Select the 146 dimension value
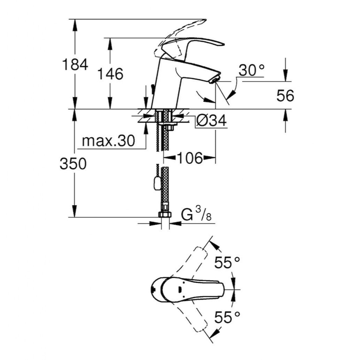pyautogui.click(x=110, y=74)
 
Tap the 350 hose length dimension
pyautogui.click(x=73, y=164)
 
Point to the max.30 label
pyautogui.click(x=109, y=141)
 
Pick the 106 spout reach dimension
pyautogui.click(x=189, y=158)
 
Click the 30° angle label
pyautogui.click(x=252, y=71)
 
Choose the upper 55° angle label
pyautogui.click(x=228, y=263)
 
